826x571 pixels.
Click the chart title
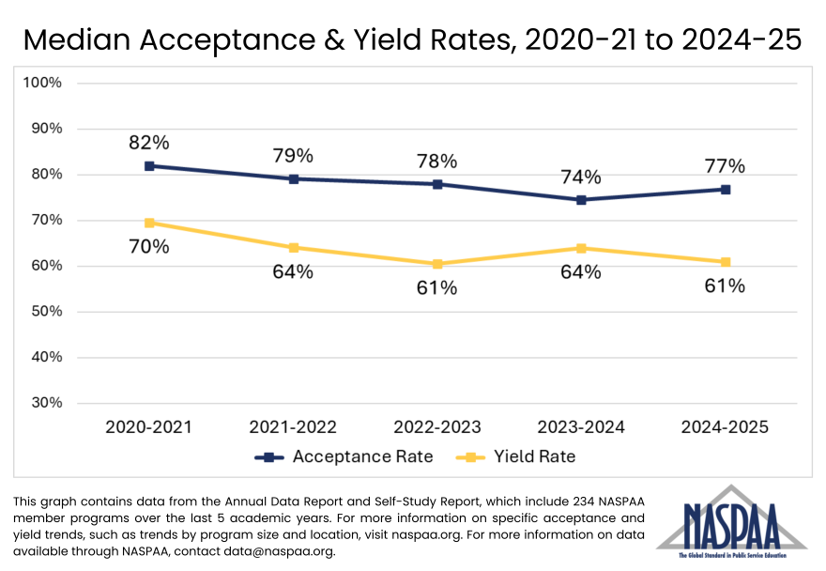(412, 39)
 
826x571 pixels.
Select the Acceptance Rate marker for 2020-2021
(149, 166)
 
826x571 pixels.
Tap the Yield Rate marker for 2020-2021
(149, 223)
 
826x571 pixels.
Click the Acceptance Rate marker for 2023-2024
(581, 200)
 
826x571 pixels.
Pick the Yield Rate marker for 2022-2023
(437, 264)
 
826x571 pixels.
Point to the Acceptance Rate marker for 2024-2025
(726, 190)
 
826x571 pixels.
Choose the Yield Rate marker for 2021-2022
(294, 248)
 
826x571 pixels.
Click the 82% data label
(149, 143)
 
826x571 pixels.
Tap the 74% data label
(581, 177)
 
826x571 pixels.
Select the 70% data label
(149, 247)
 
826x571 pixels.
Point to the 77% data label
(726, 166)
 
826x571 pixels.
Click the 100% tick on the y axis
(42, 83)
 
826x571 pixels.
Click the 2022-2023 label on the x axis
(437, 427)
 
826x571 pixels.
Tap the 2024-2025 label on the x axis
(726, 427)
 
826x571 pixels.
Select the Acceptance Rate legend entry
(344, 457)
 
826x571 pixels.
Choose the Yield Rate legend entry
(515, 457)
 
